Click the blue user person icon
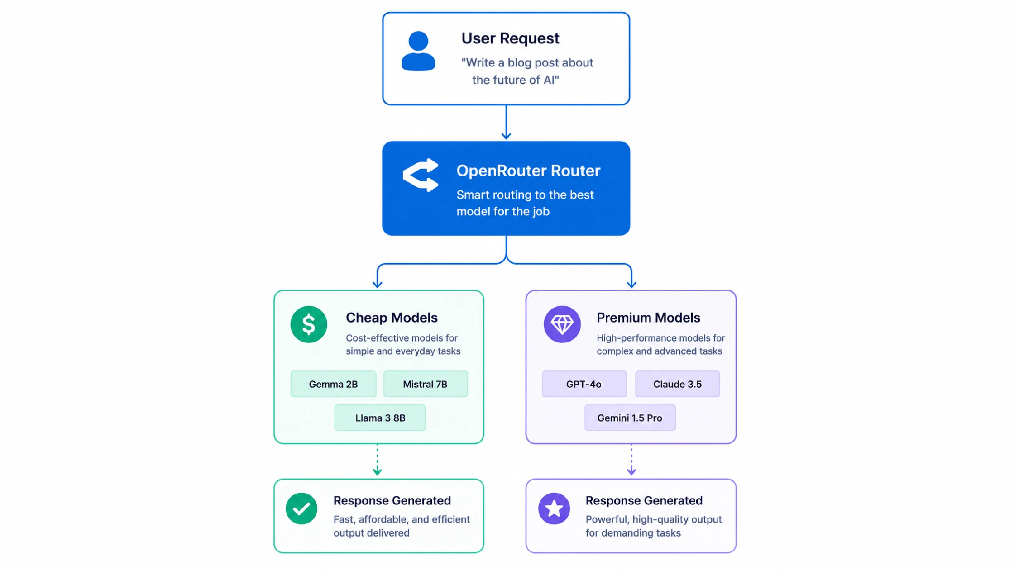(x=418, y=51)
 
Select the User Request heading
(x=510, y=38)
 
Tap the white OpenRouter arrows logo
(x=421, y=175)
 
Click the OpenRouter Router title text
(x=528, y=171)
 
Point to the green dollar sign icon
(x=309, y=324)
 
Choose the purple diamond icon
(x=562, y=324)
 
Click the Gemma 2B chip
(x=333, y=384)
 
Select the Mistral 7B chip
(x=426, y=384)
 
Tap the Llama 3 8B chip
(x=380, y=418)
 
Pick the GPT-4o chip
(x=584, y=384)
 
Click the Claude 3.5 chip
(x=677, y=384)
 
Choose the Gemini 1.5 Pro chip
(x=630, y=418)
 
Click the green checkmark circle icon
(x=301, y=508)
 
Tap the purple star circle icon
(x=554, y=508)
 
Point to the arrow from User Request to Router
(x=506, y=122)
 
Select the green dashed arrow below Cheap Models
(x=377, y=460)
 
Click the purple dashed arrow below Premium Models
(x=631, y=460)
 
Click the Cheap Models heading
(x=392, y=318)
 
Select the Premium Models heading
(x=648, y=318)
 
